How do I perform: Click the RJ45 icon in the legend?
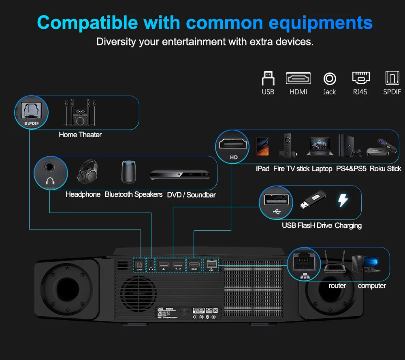pos(360,78)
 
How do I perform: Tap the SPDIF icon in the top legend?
pos(392,78)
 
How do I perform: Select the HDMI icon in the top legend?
pos(298,78)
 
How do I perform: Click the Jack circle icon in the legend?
pos(330,78)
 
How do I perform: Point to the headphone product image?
pos(87,172)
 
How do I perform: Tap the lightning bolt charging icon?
pos(343,200)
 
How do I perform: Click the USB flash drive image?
pos(312,200)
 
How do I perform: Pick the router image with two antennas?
pos(335,264)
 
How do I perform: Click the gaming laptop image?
pos(320,147)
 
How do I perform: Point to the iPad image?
pos(263,147)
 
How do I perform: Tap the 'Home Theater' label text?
pos(80,135)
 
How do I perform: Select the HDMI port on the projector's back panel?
pos(194,265)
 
